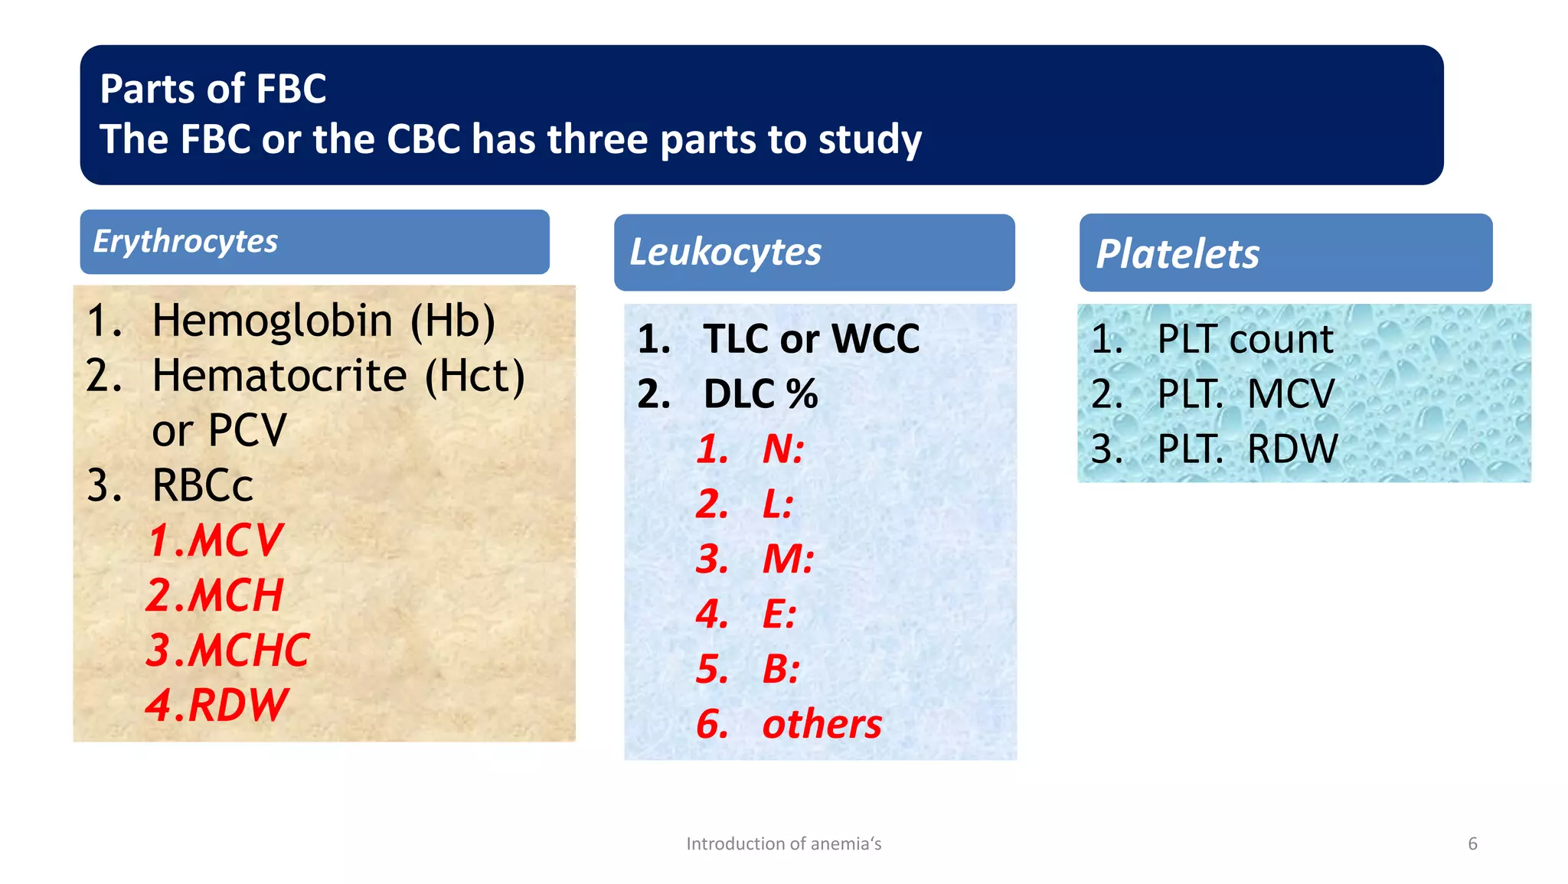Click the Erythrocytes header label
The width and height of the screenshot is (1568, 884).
[x=185, y=242]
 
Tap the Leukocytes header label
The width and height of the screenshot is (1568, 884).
[x=725, y=253]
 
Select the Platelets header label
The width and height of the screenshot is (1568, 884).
[x=1177, y=254]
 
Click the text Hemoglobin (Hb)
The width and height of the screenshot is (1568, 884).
[x=323, y=321]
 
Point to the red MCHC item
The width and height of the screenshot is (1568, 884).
[x=228, y=651]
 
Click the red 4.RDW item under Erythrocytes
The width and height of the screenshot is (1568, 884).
[x=217, y=705]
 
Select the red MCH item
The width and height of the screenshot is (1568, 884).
[x=215, y=595]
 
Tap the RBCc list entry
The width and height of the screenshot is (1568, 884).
[x=202, y=486]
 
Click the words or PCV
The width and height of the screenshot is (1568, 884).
[x=219, y=431]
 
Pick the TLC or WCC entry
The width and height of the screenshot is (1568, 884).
[x=811, y=339]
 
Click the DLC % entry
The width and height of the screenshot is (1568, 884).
[x=760, y=394]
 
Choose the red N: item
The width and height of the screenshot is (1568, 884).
[x=782, y=449]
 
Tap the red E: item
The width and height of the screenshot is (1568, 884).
[x=779, y=615]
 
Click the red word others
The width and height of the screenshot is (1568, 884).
[x=822, y=724]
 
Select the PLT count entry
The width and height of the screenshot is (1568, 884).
[x=1245, y=339]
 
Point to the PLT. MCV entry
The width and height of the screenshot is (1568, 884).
[x=1245, y=394]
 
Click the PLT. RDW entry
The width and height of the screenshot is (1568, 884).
[x=1247, y=449]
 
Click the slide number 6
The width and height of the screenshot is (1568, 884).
[x=1472, y=843]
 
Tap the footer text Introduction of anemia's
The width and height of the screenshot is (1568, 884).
[x=783, y=843]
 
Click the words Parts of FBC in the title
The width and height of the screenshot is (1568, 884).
[x=213, y=89]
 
